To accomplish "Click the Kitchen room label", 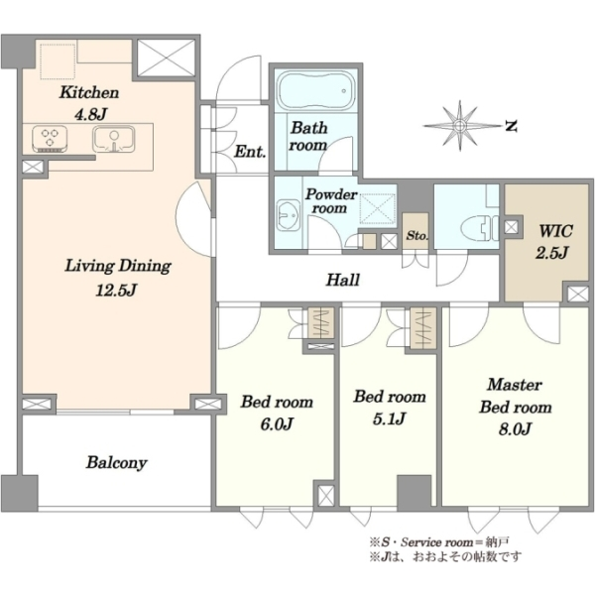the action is pyautogui.click(x=89, y=92).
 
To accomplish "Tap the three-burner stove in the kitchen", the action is pyautogui.click(x=50, y=139).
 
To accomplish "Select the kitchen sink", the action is pyautogui.click(x=114, y=139).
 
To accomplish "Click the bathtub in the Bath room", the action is pyautogui.click(x=315, y=90).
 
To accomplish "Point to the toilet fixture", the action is pyautogui.click(x=479, y=228).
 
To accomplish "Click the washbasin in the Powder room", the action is pyautogui.click(x=288, y=216).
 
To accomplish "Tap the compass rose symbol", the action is pyautogui.click(x=460, y=125).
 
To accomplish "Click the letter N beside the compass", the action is pyautogui.click(x=512, y=126).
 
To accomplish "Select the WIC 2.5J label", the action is pyautogui.click(x=553, y=241).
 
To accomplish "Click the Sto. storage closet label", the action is pyautogui.click(x=416, y=235).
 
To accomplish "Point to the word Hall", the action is pyautogui.click(x=343, y=280).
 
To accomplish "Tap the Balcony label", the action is pyautogui.click(x=116, y=463).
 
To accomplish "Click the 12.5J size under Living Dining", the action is pyautogui.click(x=116, y=291).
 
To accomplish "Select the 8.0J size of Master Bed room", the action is pyautogui.click(x=515, y=428).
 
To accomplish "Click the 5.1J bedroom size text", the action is pyautogui.click(x=390, y=418).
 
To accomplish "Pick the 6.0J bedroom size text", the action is pyautogui.click(x=277, y=423).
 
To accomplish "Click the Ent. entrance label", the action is pyautogui.click(x=250, y=152).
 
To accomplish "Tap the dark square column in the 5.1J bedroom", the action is pyautogui.click(x=414, y=492).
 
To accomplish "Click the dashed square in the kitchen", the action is pyautogui.click(x=58, y=61).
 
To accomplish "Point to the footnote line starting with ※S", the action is pyautogui.click(x=439, y=541).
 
